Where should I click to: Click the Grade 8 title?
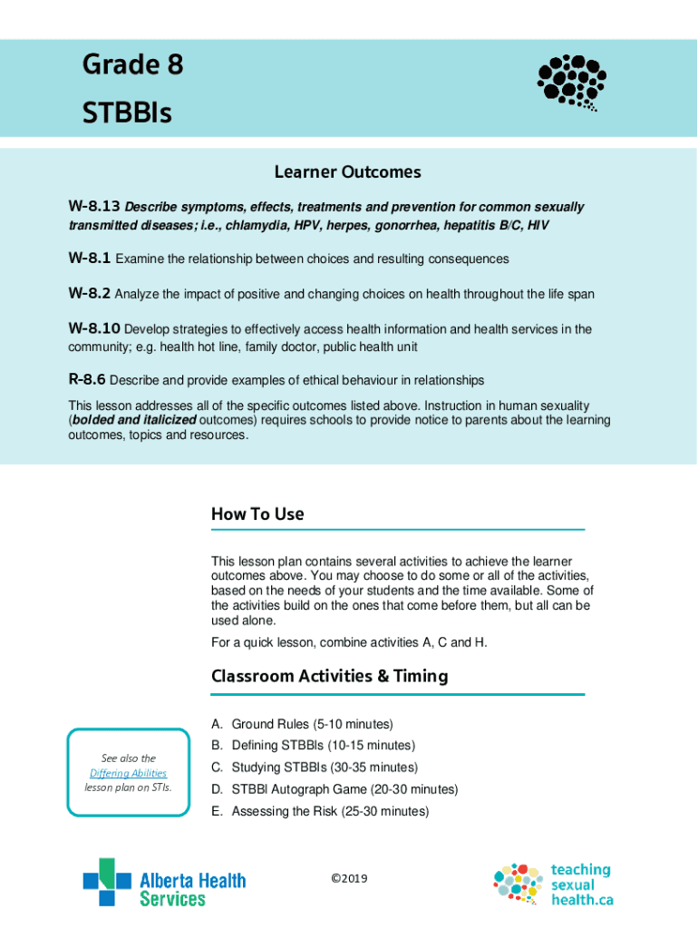pyautogui.click(x=132, y=65)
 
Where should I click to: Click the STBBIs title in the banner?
pyautogui.click(x=127, y=113)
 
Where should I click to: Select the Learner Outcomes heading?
pyautogui.click(x=348, y=172)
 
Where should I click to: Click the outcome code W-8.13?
pyautogui.click(x=94, y=207)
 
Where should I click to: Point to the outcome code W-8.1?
pyautogui.click(x=90, y=259)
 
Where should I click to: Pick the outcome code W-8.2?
pyautogui.click(x=90, y=294)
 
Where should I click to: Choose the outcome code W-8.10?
pyautogui.click(x=94, y=329)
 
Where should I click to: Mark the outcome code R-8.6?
pyautogui.click(x=88, y=380)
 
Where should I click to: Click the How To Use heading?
pyautogui.click(x=257, y=514)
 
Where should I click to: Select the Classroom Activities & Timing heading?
pyautogui.click(x=329, y=677)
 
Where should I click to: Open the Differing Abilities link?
pyautogui.click(x=128, y=773)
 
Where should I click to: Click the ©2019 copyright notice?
pyautogui.click(x=349, y=878)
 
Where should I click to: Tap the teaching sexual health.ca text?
pyautogui.click(x=581, y=885)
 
